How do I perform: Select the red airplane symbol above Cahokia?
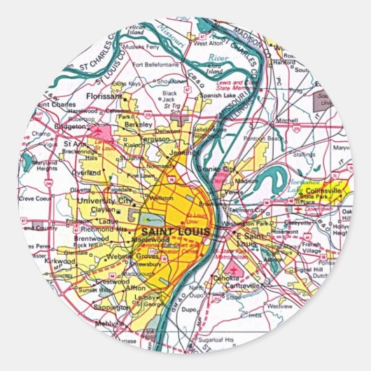[232, 267]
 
